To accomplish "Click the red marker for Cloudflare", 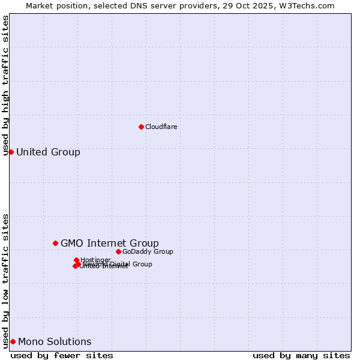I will (141, 127).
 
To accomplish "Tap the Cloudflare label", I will (161, 127).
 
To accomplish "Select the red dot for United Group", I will (11, 152).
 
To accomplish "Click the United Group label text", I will (48, 152).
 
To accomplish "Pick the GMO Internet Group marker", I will (55, 243).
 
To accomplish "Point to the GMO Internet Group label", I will (110, 243).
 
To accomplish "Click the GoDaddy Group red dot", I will (118, 251).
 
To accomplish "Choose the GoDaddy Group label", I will (148, 251).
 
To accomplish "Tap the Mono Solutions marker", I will (13, 341).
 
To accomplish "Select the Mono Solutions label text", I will (55, 341).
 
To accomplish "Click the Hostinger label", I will (96, 260).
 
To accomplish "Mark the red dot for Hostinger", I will (76, 260).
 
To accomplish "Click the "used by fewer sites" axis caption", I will (62, 355).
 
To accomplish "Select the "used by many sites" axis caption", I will (301, 355).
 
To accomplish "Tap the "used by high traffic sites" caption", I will (5, 85).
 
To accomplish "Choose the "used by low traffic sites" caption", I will (5, 280).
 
